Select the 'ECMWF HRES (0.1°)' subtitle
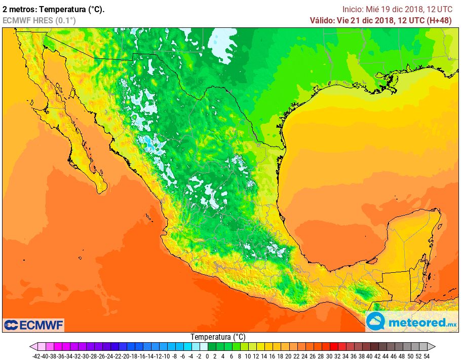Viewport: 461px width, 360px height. pyautogui.click(x=39, y=20)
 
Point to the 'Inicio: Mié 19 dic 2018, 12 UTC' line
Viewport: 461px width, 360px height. pyautogui.click(x=397, y=9)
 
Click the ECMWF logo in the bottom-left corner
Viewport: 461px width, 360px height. pyautogui.click(x=33, y=325)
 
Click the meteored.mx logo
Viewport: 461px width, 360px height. pyautogui.click(x=411, y=321)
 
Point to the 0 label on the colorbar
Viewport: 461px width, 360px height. pyautogui.click(x=207, y=356)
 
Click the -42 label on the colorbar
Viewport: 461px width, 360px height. pyautogui.click(x=36, y=356)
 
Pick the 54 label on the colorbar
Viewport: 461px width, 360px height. pyautogui.click(x=427, y=356)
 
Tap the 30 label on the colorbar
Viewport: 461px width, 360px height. pyautogui.click(x=329, y=356)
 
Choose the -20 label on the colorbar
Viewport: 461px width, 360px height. pyautogui.click(x=126, y=356)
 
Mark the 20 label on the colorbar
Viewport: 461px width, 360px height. pyautogui.click(x=289, y=356)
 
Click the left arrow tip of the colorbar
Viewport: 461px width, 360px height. pyautogui.click(x=31, y=347)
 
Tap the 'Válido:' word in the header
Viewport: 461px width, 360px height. pyautogui.click(x=322, y=20)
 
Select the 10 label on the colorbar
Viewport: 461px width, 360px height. pyautogui.click(x=248, y=356)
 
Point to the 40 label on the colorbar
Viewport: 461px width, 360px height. pyautogui.click(x=370, y=356)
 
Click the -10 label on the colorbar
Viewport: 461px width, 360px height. pyautogui.click(x=166, y=356)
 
